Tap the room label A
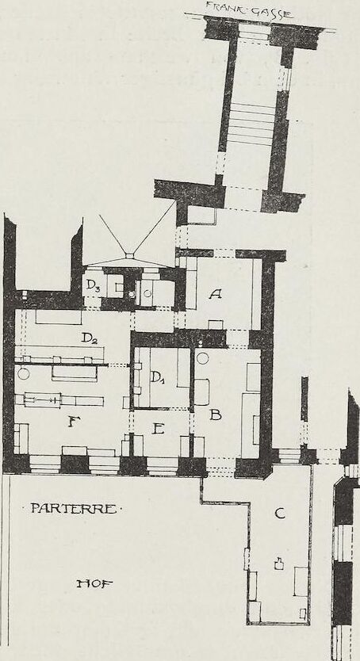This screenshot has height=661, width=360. pyautogui.click(x=215, y=294)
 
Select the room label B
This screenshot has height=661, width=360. pyautogui.click(x=216, y=415)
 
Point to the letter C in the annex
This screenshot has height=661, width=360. pyautogui.click(x=279, y=513)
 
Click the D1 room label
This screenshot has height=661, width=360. pyautogui.click(x=157, y=377)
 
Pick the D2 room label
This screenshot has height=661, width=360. pyautogui.click(x=89, y=338)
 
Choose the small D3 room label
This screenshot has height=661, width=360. pyautogui.click(x=93, y=285)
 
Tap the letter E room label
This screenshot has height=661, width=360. pyautogui.click(x=158, y=429)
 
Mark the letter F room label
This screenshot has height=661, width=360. pyautogui.click(x=75, y=421)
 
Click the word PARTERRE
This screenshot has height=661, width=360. pyautogui.click(x=73, y=509)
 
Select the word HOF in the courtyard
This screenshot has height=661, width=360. pyautogui.click(x=95, y=584)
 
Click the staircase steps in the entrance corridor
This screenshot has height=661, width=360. pyautogui.click(x=251, y=124)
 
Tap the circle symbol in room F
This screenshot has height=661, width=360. pyautogui.click(x=24, y=373)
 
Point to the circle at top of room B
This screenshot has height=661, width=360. pyautogui.click(x=203, y=358)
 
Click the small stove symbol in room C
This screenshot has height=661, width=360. pyautogui.click(x=278, y=564)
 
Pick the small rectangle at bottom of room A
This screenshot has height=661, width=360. pyautogui.click(x=216, y=325)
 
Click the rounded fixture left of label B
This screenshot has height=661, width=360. pyautogui.click(x=201, y=392)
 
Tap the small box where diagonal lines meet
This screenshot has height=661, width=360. pyautogui.click(x=129, y=255)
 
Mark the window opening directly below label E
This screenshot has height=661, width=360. pyautogui.click(x=163, y=467)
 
